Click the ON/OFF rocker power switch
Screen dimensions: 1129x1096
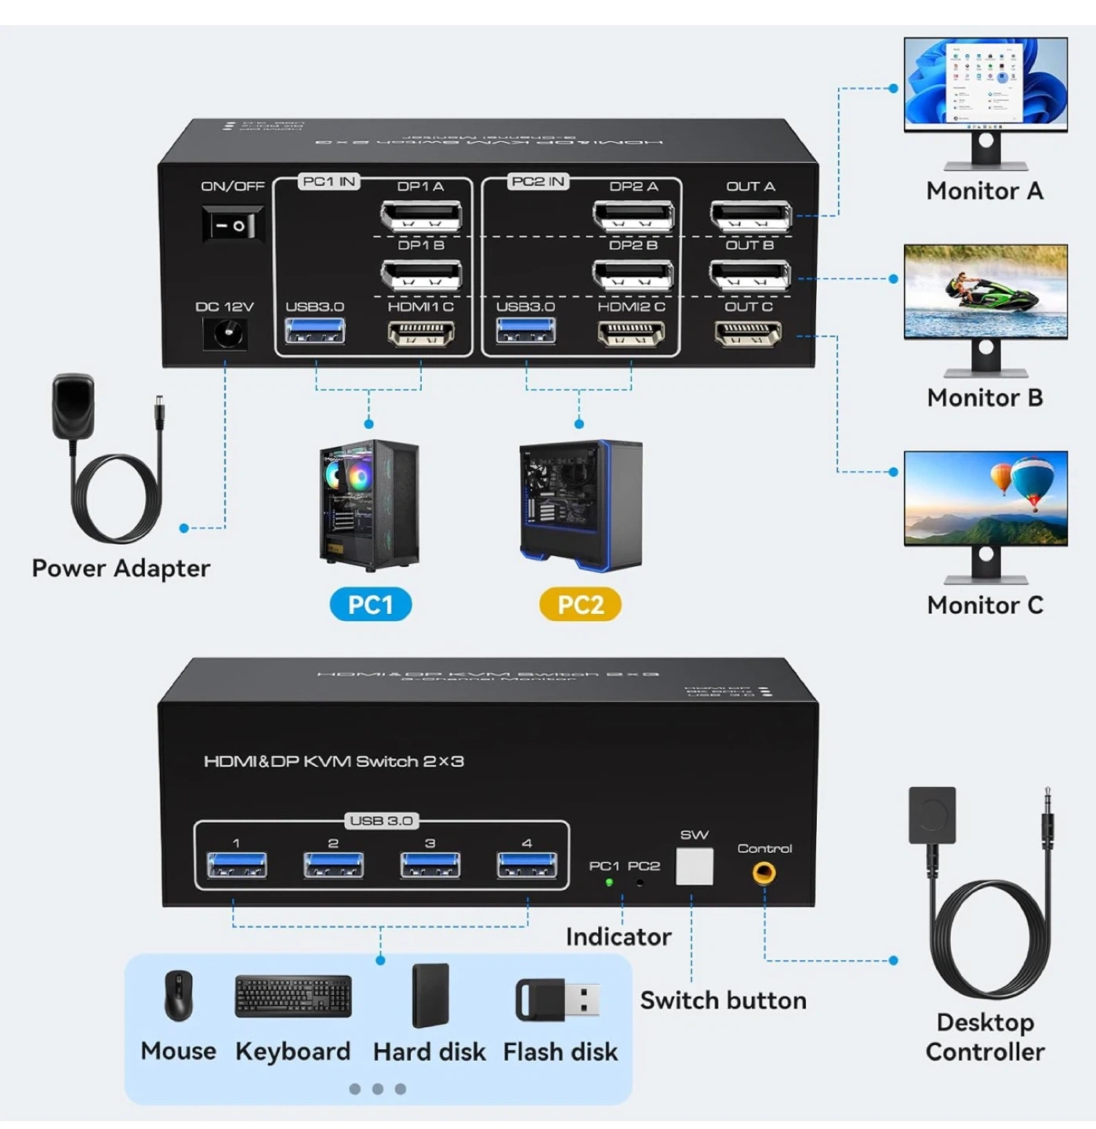pyautogui.click(x=233, y=226)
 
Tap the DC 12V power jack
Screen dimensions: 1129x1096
pyautogui.click(x=226, y=335)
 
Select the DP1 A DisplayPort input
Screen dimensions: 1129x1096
pyautogui.click(x=421, y=215)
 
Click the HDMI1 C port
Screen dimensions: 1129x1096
pyautogui.click(x=421, y=335)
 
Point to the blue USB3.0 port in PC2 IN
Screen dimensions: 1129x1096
pyautogui.click(x=525, y=332)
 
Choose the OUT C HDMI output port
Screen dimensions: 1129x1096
pyautogui.click(x=748, y=335)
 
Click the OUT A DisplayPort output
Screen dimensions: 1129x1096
pyautogui.click(x=750, y=215)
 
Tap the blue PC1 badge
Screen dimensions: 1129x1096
pyautogui.click(x=370, y=605)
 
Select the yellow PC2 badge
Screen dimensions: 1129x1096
pyautogui.click(x=580, y=605)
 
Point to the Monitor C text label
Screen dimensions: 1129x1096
pyautogui.click(x=985, y=605)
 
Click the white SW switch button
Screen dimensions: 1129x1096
pyautogui.click(x=694, y=866)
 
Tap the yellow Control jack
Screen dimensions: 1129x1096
pyautogui.click(x=764, y=873)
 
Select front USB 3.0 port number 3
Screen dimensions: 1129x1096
pyautogui.click(x=430, y=865)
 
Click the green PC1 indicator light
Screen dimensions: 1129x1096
pyautogui.click(x=609, y=883)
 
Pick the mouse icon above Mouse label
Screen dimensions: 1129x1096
pyautogui.click(x=179, y=996)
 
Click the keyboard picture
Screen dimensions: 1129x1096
pyautogui.click(x=293, y=996)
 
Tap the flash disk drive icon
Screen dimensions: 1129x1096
pyautogui.click(x=557, y=1000)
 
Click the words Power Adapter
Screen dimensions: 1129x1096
pyautogui.click(x=121, y=568)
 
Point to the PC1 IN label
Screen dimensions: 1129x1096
pyautogui.click(x=328, y=182)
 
